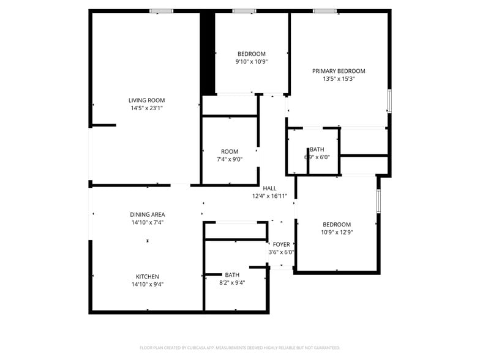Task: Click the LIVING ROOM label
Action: tap(146, 100)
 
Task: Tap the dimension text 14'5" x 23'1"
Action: tap(146, 108)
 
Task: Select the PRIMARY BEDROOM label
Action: tap(339, 71)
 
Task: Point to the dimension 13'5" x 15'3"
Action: tap(339, 79)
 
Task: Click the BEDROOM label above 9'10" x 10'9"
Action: tap(252, 54)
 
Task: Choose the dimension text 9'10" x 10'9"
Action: tap(252, 62)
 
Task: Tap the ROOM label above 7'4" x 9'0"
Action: tap(230, 152)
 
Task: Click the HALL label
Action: tap(269, 189)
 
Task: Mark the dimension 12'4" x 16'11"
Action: tap(269, 197)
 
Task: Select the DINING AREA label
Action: tap(148, 215)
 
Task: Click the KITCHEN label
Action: tap(148, 277)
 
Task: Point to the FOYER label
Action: tap(281, 245)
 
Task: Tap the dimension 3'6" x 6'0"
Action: tap(281, 252)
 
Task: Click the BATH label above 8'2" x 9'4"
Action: tap(232, 275)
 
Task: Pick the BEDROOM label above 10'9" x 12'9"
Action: tap(337, 225)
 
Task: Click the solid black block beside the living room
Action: tap(208, 53)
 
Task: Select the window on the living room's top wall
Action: tap(161, 11)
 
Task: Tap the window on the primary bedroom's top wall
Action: tap(324, 11)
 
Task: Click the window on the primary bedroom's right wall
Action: tap(389, 100)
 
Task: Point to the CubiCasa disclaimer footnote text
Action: tap(239, 347)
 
